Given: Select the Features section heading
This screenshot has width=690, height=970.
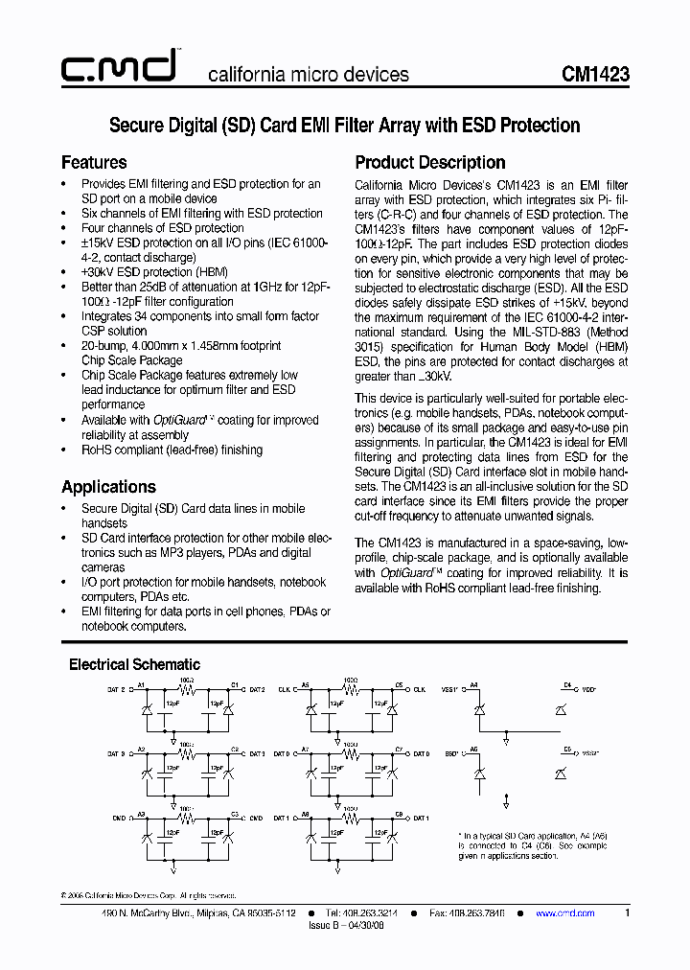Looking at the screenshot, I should (x=94, y=162).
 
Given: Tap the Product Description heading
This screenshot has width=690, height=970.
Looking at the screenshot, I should (x=430, y=162).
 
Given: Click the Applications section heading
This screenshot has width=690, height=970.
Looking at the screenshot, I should (x=108, y=486).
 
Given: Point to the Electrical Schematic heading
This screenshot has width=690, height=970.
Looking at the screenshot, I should (x=134, y=663).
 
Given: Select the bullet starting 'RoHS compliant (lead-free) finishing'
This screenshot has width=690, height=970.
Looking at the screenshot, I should (x=172, y=449).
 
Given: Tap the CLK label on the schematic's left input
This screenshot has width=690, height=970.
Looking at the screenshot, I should (x=285, y=688).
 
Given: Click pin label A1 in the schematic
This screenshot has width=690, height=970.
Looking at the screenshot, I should (x=141, y=684).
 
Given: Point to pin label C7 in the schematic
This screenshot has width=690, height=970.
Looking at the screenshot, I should (x=399, y=749).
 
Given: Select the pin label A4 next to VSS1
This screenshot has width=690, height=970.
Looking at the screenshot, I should (x=473, y=684).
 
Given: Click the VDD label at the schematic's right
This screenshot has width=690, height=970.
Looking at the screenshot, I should (x=588, y=688).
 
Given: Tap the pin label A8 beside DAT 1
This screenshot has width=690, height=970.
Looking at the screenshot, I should (x=305, y=813).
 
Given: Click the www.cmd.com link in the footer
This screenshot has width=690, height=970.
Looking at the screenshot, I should (x=564, y=913).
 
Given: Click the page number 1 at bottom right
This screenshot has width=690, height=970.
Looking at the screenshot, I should (x=627, y=913).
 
